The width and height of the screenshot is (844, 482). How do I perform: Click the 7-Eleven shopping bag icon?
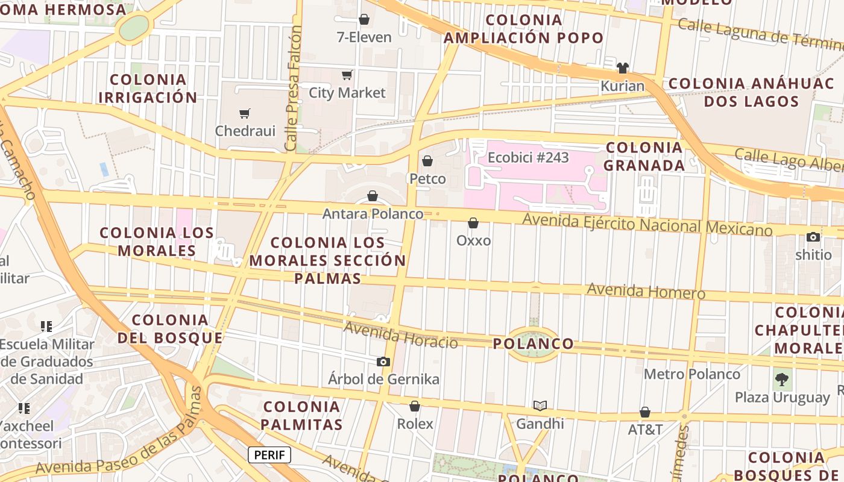tap(364, 19)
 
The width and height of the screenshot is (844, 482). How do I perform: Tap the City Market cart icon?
tap(347, 75)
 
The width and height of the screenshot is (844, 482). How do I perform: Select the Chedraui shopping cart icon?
tap(245, 113)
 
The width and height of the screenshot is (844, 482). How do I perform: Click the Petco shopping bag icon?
tap(427, 161)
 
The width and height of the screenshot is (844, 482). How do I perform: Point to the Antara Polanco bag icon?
tap(373, 196)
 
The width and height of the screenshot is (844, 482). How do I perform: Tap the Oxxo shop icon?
tap(473, 223)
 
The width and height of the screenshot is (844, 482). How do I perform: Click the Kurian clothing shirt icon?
tap(623, 67)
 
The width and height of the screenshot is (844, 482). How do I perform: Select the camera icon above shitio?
tap(813, 237)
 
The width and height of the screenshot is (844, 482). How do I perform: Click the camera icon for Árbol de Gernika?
tap(383, 361)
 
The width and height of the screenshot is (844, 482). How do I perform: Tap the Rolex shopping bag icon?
tap(415, 406)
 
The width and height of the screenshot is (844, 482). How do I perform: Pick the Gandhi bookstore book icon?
tap(540, 405)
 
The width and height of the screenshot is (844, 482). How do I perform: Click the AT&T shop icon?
tap(645, 412)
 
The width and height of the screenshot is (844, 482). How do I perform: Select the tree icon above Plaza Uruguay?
tap(782, 380)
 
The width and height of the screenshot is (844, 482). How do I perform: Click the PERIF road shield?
tap(269, 455)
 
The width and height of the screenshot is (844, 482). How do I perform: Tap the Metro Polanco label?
tap(692, 374)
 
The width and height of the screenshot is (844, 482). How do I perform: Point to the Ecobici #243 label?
tap(528, 158)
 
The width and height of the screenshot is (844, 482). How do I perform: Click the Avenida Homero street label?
tap(646, 291)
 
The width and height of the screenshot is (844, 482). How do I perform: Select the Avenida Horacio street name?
tap(401, 336)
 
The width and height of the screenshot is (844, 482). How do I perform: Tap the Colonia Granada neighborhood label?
tap(644, 156)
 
